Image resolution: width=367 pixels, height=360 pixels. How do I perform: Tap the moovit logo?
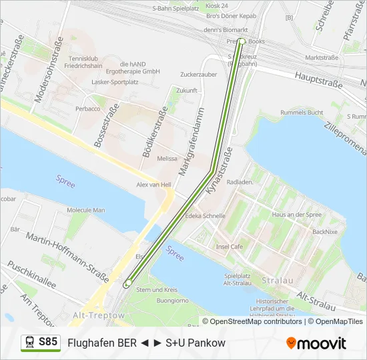(316, 343)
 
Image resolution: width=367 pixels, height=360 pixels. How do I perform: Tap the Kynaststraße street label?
(220, 171)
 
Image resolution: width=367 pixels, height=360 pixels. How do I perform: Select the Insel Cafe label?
(230, 246)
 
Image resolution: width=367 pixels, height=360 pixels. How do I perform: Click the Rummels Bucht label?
(302, 113)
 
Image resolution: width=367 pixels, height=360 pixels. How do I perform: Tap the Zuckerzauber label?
(199, 75)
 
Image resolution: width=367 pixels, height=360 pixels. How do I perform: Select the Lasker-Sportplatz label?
(115, 82)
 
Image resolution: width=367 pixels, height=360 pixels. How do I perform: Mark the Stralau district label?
(277, 281)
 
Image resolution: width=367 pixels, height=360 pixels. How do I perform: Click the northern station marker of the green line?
(241, 42)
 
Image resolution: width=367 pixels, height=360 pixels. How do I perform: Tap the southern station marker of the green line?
(127, 284)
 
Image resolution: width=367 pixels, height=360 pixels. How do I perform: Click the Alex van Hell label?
(154, 185)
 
